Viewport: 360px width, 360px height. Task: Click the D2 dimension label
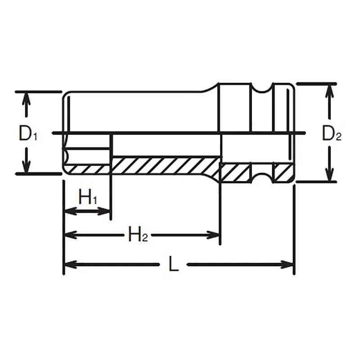(x=332, y=134)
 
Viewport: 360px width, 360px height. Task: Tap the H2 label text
(x=138, y=234)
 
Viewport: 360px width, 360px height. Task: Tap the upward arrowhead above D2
(x=331, y=90)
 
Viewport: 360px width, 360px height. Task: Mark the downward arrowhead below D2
(x=331, y=175)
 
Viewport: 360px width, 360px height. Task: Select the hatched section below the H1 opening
(x=88, y=170)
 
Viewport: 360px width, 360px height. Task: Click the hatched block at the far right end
(x=282, y=172)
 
